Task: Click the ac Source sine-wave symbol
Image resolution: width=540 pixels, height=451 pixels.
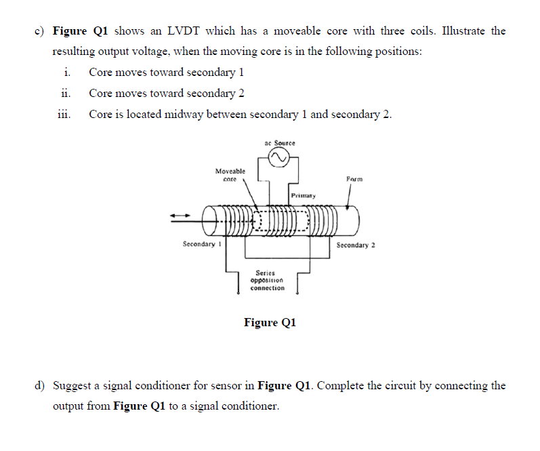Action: (x=279, y=157)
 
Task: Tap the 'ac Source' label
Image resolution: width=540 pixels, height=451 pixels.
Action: (x=279, y=143)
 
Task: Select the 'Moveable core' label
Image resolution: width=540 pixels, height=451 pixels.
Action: (x=230, y=175)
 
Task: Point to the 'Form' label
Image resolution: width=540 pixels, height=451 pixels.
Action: (x=354, y=179)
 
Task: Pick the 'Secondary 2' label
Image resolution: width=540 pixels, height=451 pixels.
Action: (x=356, y=245)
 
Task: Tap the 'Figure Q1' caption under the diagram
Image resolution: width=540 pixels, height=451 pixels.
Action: (x=270, y=322)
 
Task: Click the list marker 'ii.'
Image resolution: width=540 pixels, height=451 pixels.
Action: (x=66, y=93)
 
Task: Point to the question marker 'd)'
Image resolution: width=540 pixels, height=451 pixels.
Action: (x=41, y=386)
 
